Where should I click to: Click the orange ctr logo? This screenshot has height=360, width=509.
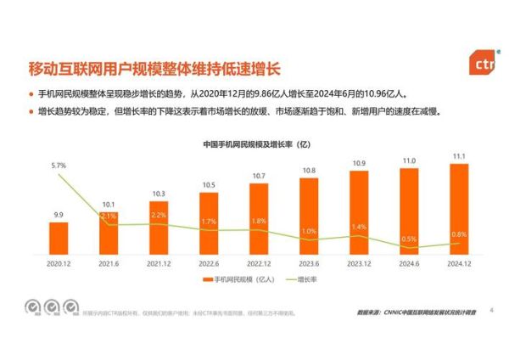click(x=483, y=63)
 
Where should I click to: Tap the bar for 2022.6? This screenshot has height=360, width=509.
click(x=209, y=223)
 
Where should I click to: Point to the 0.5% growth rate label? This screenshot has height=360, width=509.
click(x=409, y=239)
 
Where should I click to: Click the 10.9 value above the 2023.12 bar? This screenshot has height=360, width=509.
click(x=359, y=162)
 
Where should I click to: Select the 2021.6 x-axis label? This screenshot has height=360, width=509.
click(x=109, y=264)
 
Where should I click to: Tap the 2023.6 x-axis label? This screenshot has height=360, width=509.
click(x=309, y=264)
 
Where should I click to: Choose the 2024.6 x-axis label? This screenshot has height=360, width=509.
click(x=409, y=264)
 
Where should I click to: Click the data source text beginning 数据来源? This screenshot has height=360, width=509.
click(x=419, y=312)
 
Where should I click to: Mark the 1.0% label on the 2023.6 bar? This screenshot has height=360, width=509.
click(x=309, y=231)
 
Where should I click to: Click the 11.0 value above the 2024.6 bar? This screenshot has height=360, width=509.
click(x=409, y=160)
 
